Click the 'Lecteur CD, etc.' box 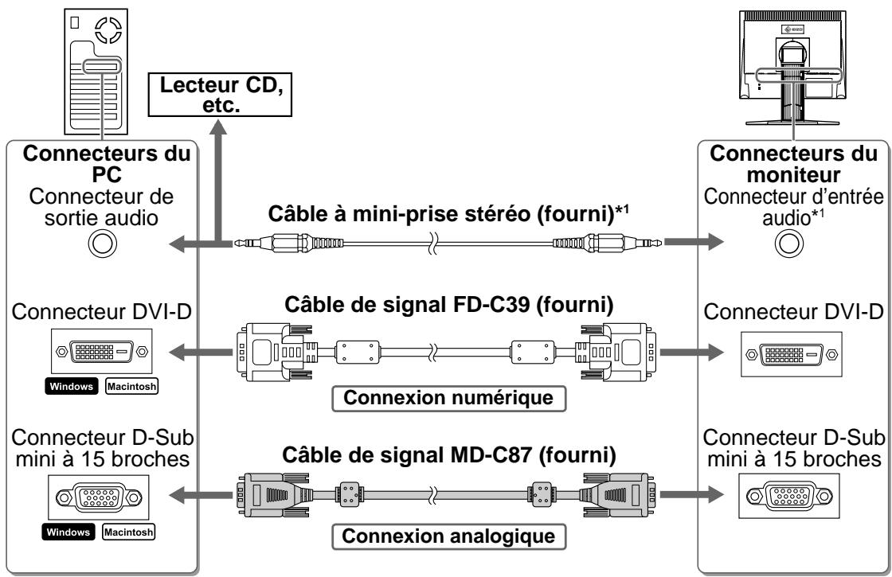click(220, 95)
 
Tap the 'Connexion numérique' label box click(449, 398)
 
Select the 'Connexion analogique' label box click(449, 536)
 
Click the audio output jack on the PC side click(103, 244)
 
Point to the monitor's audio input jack click(789, 244)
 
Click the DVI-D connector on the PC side click(103, 352)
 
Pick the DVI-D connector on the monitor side click(792, 355)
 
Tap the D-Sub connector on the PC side click(99, 498)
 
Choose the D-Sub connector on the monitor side click(789, 497)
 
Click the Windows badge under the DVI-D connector click(71, 387)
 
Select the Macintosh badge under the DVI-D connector click(132, 387)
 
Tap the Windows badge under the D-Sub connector click(68, 532)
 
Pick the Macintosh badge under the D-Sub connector click(128, 532)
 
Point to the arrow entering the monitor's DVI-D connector click(691, 353)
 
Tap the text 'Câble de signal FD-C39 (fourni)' click(449, 305)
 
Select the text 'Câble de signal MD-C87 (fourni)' click(449, 455)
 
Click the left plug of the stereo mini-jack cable click(288, 244)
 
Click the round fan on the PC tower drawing click(108, 30)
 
